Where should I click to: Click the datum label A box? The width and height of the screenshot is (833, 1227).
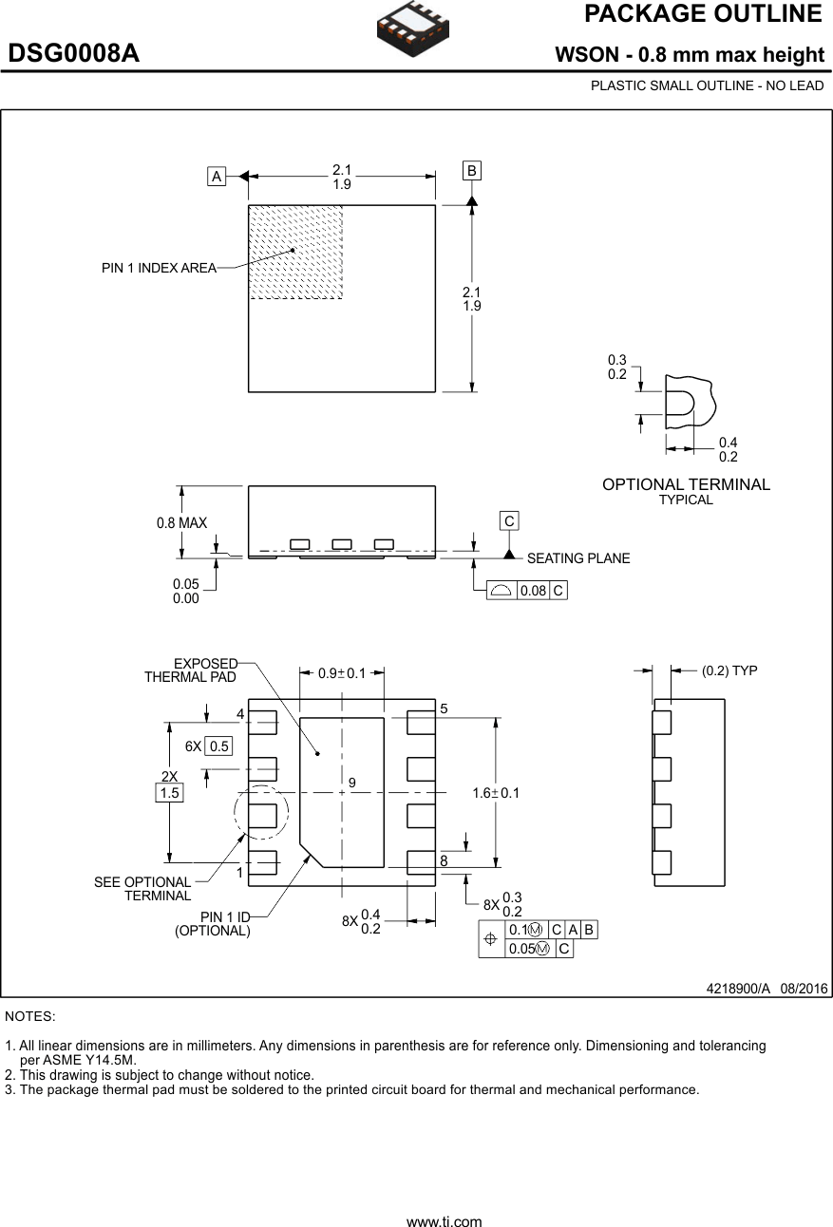[x=217, y=177]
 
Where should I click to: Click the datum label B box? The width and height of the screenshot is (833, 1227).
[x=472, y=171]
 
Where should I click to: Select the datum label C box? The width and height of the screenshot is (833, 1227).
[x=509, y=521]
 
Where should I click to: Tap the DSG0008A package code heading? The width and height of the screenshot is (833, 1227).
[x=74, y=54]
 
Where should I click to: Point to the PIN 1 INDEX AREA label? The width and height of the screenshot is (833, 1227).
[x=159, y=269]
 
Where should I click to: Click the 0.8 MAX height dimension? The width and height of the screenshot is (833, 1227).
[x=181, y=523]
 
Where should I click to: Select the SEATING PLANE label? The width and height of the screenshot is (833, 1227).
[x=577, y=558]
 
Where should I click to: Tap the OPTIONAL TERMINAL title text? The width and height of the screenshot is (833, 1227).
[x=686, y=485]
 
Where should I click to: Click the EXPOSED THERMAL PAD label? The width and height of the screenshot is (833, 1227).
[x=191, y=670]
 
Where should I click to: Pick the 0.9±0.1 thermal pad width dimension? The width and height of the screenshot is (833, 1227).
[x=342, y=673]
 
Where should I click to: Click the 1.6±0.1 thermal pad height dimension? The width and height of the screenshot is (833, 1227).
[x=496, y=793]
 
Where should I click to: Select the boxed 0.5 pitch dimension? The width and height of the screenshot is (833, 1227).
[x=219, y=746]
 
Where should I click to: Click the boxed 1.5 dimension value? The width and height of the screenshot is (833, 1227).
[x=169, y=793]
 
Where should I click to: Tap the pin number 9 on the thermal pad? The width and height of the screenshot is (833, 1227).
[x=351, y=783]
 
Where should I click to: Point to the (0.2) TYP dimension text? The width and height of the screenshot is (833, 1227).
[x=729, y=670]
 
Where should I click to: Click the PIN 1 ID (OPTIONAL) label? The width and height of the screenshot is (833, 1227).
[x=213, y=924]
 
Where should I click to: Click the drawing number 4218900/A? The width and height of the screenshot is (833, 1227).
[x=738, y=989]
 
